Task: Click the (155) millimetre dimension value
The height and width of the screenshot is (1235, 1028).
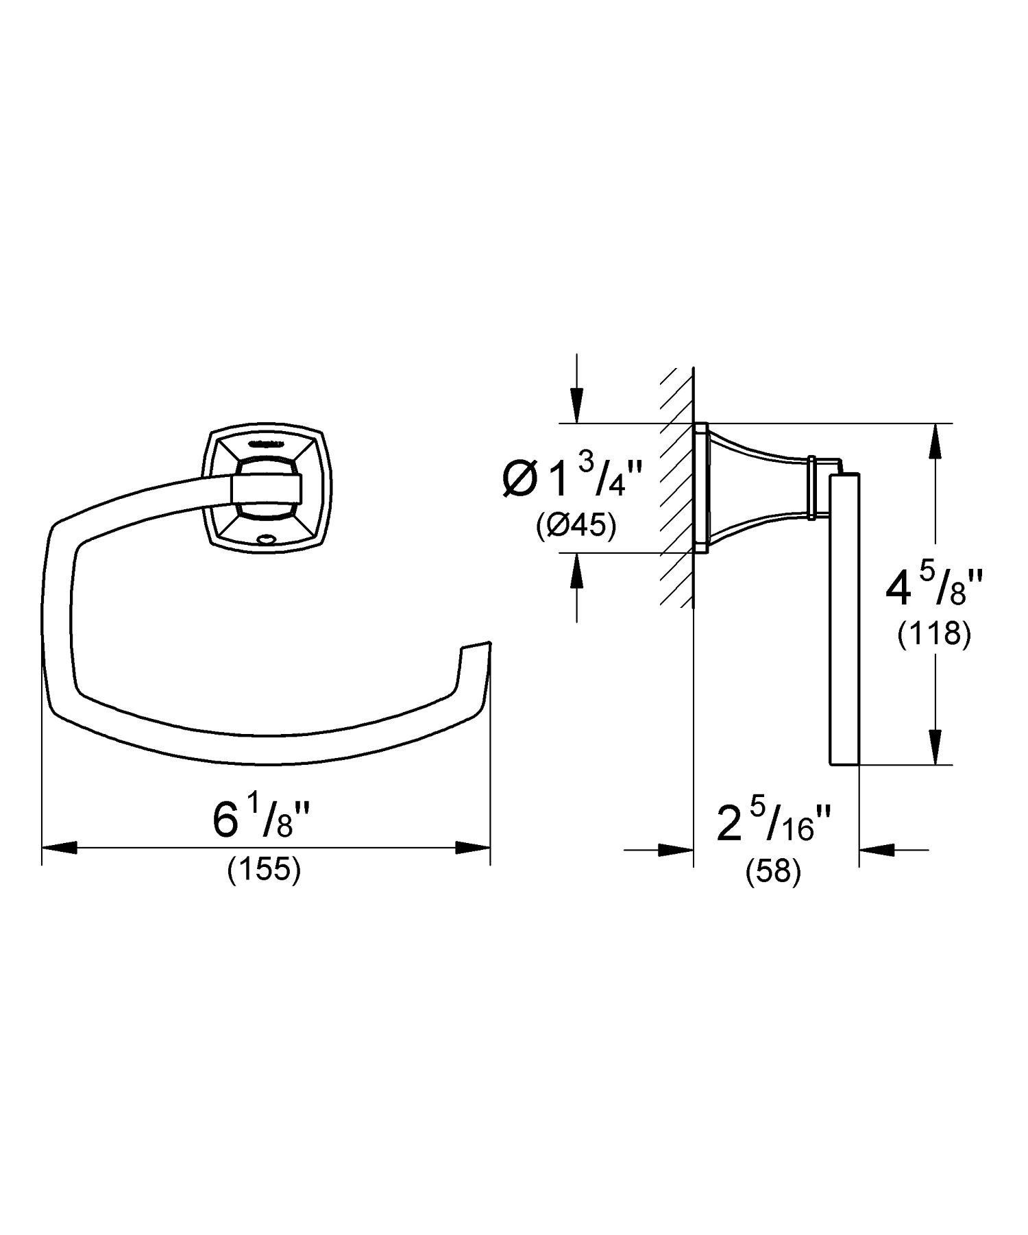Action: (x=264, y=870)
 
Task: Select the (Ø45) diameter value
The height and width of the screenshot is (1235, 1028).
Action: (x=576, y=526)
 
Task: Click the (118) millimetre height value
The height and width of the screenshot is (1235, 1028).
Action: (x=934, y=635)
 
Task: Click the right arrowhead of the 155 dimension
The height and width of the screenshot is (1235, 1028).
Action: (x=473, y=848)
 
